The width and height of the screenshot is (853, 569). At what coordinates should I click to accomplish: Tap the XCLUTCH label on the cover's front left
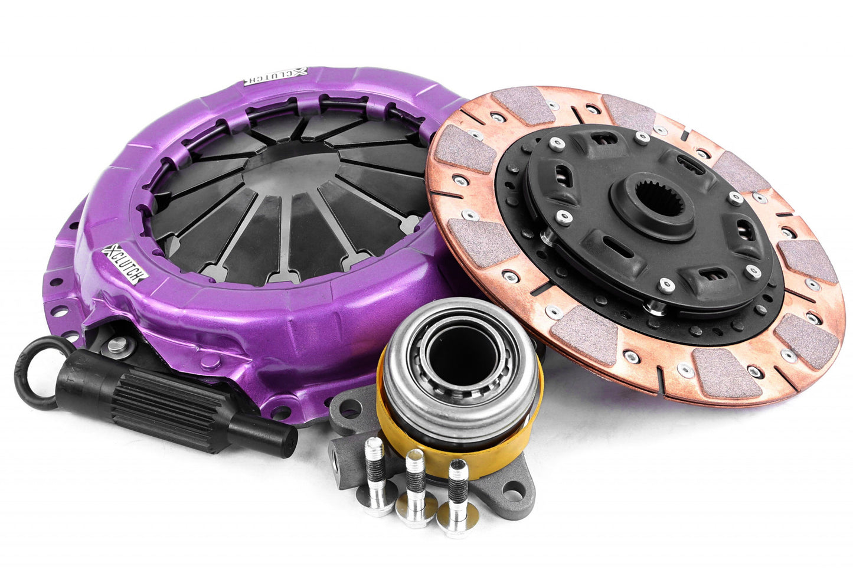pyautogui.click(x=122, y=264)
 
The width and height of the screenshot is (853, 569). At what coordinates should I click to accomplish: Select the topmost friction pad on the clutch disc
pyautogui.click(x=525, y=105)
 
